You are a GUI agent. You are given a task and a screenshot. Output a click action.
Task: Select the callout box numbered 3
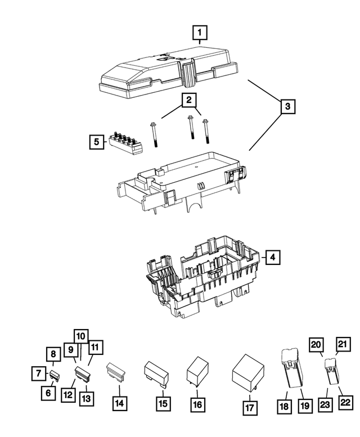pos(287,106)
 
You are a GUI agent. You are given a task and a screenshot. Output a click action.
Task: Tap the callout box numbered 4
pos(272,257)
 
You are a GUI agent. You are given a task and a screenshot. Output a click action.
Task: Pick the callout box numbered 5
pos(97,142)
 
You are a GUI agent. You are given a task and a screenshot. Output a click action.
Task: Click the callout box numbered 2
pos(190,101)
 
